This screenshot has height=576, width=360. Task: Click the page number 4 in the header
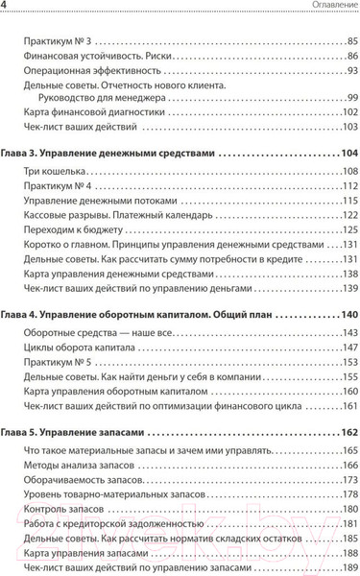9,9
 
